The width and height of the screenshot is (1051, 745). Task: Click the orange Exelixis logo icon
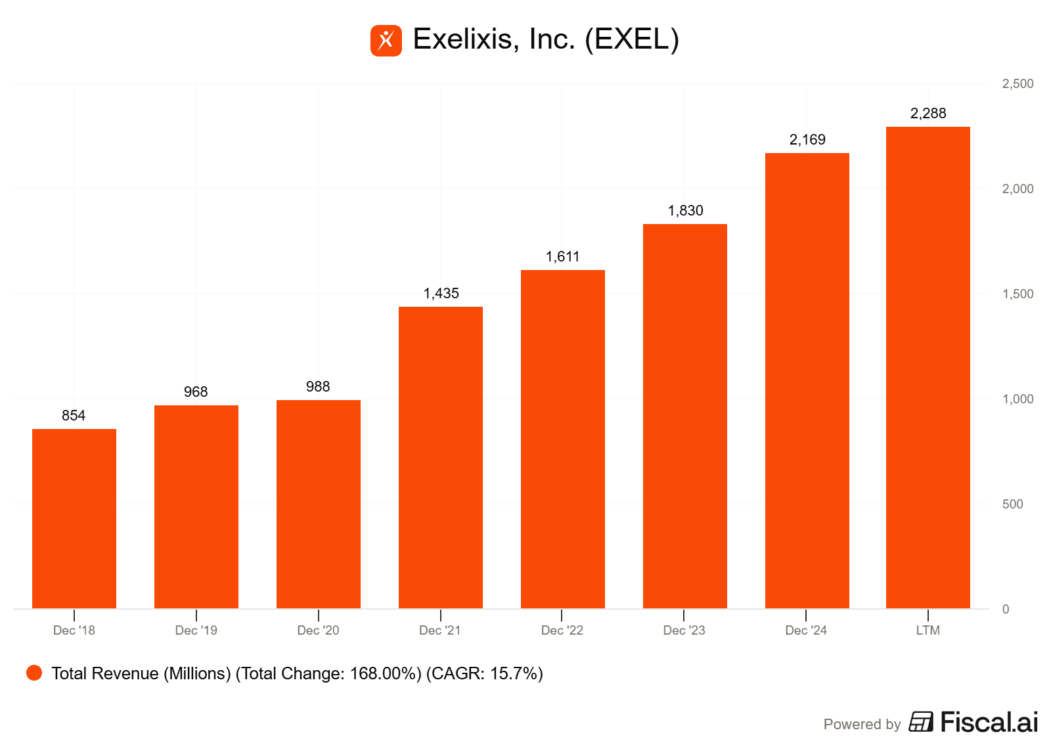(386, 41)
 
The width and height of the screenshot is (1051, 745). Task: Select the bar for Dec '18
(74, 518)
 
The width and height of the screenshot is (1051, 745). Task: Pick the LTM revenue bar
(928, 367)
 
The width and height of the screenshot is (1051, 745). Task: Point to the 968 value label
(196, 392)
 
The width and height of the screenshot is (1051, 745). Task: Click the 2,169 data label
(807, 140)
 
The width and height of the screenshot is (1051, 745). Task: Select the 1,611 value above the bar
(562, 257)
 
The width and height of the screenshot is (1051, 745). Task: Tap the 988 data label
(318, 387)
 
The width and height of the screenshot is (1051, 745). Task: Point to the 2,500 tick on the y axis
(1017, 84)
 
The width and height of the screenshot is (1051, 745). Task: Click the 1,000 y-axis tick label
(1017, 399)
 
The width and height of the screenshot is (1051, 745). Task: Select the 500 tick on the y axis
(1012, 505)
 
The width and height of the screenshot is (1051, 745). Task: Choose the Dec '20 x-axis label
(318, 631)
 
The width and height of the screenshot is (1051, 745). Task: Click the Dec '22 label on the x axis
(562, 631)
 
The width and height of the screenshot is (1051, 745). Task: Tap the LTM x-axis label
(928, 631)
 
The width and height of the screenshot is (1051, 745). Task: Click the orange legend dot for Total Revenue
(34, 673)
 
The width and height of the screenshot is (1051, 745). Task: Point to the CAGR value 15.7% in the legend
(515, 674)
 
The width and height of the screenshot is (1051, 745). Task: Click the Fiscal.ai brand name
(989, 723)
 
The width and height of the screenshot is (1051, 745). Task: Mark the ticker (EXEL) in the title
(632, 39)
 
